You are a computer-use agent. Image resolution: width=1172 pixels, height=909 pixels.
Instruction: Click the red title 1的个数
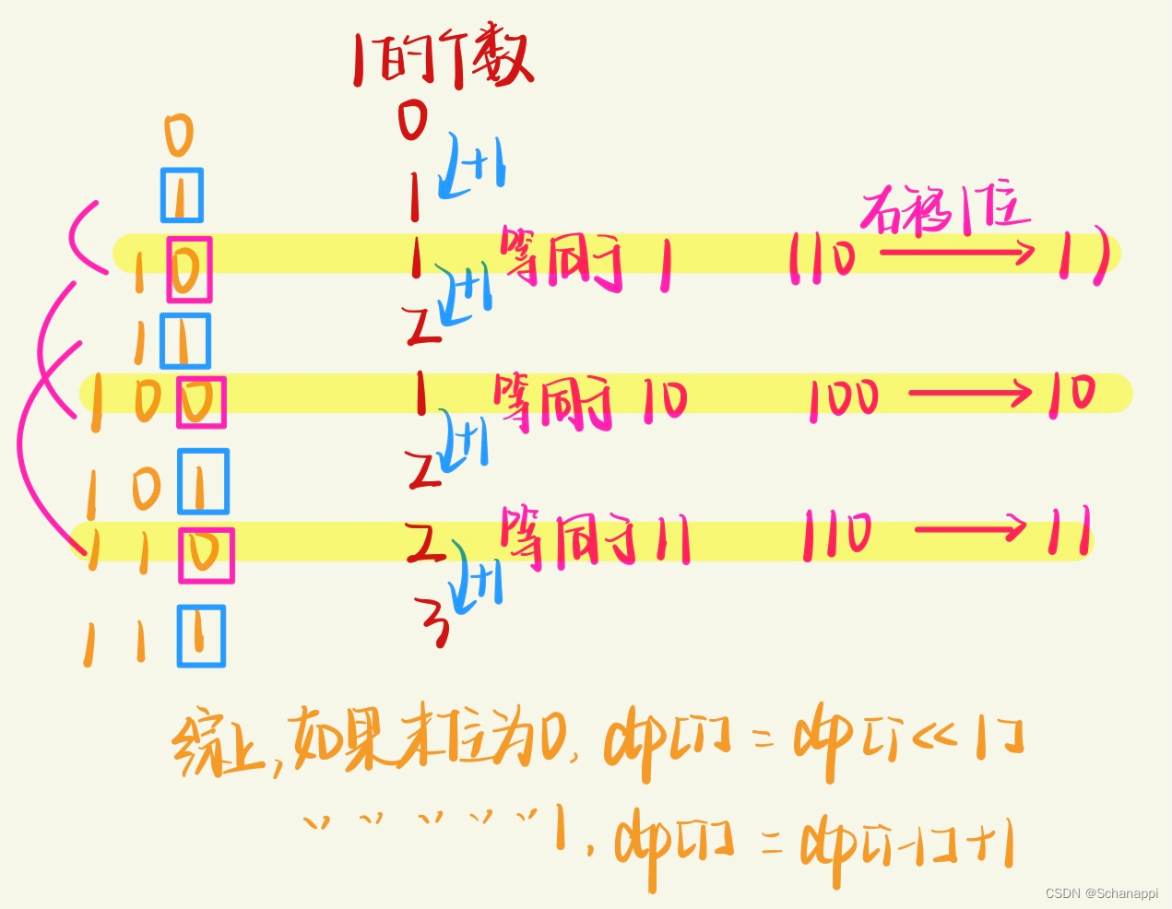443,61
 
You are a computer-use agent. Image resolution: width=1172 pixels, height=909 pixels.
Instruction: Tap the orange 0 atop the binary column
179,136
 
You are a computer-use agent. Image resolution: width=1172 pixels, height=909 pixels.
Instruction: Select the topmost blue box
182,195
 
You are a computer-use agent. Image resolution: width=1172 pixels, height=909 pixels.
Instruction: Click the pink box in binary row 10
189,269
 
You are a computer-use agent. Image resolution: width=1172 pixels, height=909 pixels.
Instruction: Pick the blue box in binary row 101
203,481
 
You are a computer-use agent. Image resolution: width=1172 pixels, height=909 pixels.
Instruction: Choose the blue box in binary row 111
201,635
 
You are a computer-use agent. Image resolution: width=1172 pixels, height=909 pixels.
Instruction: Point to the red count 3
434,622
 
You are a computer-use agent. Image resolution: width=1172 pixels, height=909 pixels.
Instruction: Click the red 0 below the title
413,119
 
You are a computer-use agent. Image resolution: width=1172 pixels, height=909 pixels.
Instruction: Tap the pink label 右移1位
945,211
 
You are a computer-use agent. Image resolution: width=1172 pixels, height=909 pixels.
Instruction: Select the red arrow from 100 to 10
969,394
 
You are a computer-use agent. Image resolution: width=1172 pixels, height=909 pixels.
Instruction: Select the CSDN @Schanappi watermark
1101,892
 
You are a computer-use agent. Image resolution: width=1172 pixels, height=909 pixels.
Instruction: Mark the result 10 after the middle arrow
1071,394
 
